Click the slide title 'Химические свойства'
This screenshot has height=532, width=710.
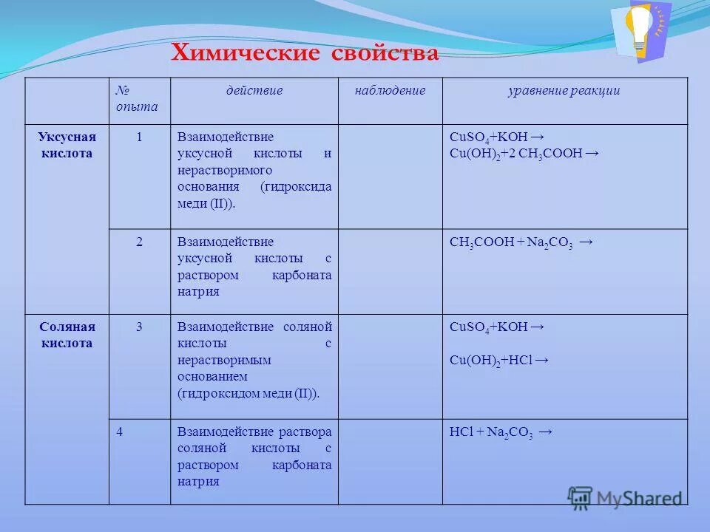point(305,52)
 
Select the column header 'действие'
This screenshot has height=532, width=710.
point(254,91)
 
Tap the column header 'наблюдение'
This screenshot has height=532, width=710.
point(390,91)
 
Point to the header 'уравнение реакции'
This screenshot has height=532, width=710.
point(564,91)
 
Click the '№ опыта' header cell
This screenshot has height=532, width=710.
point(138,98)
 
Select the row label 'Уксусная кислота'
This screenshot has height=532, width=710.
point(67,146)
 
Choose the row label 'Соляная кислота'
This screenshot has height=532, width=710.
point(67,335)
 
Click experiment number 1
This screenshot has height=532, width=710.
point(139,137)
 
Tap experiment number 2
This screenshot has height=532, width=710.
point(139,242)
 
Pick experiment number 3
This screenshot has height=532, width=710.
point(139,327)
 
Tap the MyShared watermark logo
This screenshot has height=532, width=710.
point(624,497)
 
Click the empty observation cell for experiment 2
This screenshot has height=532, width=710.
point(390,271)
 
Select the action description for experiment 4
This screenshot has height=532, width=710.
point(254,457)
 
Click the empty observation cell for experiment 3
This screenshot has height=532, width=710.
point(390,366)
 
